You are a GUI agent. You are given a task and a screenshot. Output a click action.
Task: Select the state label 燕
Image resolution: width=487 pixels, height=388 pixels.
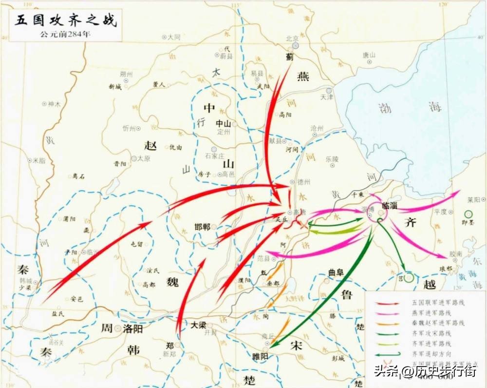click(303, 77)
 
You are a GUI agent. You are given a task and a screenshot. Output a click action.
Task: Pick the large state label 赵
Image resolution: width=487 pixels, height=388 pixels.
click(150, 145)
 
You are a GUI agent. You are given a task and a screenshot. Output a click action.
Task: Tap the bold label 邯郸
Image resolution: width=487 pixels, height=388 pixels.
click(202, 227)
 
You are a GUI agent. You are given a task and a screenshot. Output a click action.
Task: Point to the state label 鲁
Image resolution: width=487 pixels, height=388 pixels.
click(347, 294)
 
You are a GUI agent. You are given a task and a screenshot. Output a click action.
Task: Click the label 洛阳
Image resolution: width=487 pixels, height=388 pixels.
click(133, 329)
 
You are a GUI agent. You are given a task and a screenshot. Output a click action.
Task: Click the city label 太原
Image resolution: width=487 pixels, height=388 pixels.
click(143, 158)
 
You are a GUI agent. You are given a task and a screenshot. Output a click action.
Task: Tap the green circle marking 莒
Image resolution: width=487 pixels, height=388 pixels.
click(409, 278)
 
